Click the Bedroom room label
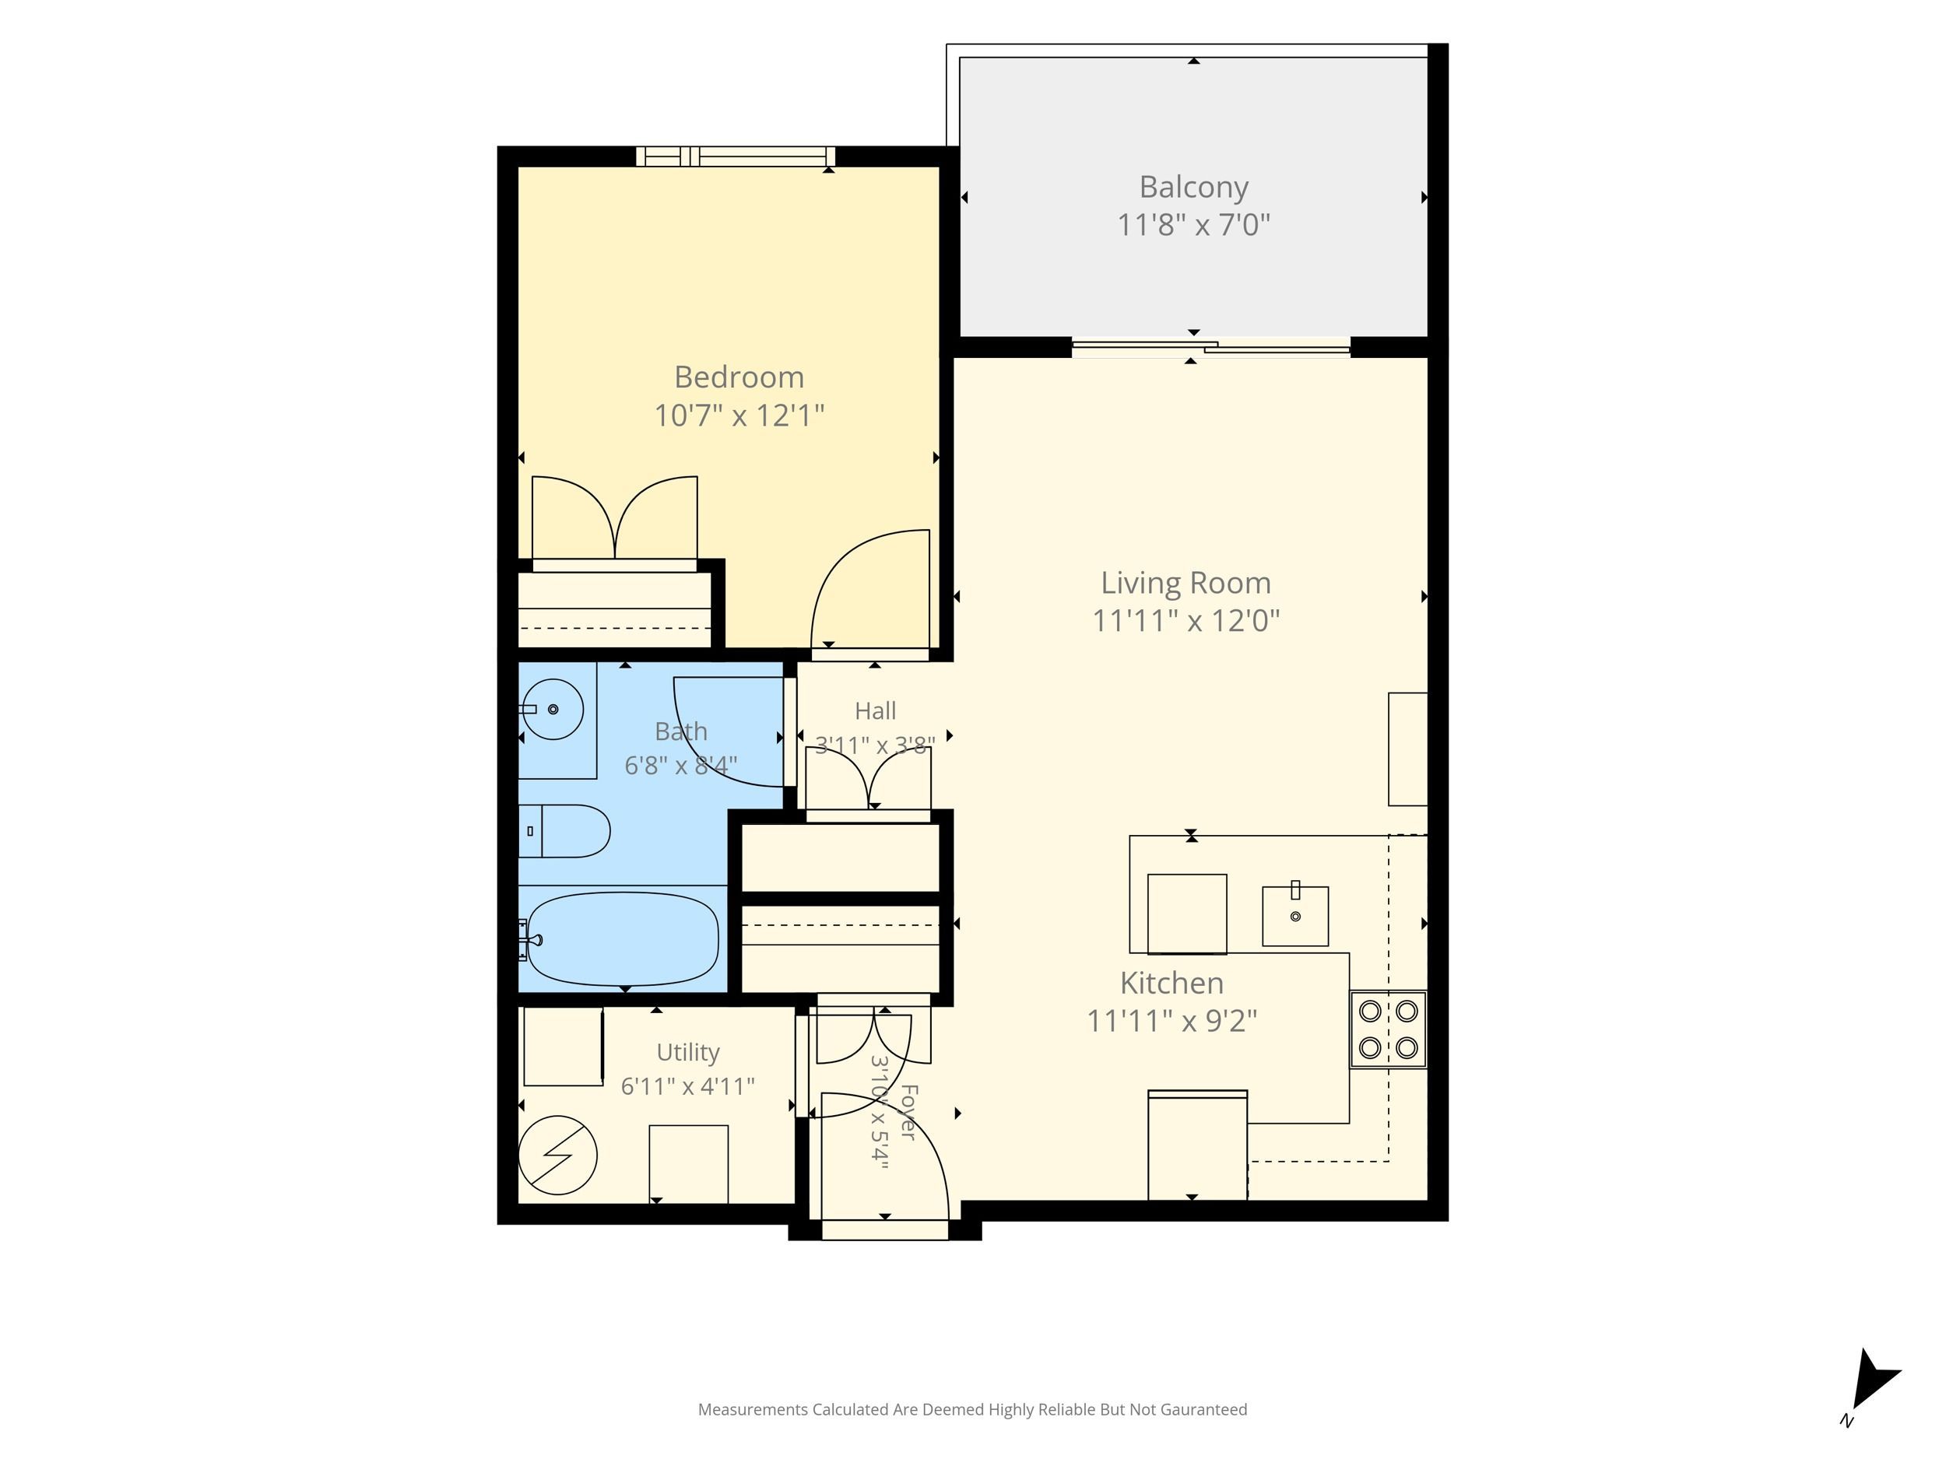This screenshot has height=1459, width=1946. (x=739, y=377)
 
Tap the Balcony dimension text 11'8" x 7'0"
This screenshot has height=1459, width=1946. (x=1194, y=225)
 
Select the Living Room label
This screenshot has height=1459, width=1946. (x=1186, y=582)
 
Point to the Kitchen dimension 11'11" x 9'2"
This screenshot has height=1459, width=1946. (x=1171, y=1021)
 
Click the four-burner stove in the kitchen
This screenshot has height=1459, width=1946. (x=1388, y=1029)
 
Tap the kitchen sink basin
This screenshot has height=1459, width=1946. (x=1295, y=917)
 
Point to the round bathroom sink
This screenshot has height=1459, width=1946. (x=553, y=709)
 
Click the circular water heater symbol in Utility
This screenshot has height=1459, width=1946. (x=558, y=1156)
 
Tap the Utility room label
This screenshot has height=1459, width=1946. (x=688, y=1053)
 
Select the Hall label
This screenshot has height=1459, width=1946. (x=876, y=710)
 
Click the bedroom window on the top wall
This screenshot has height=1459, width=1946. (x=736, y=156)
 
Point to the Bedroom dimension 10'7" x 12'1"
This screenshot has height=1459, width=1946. (x=739, y=415)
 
